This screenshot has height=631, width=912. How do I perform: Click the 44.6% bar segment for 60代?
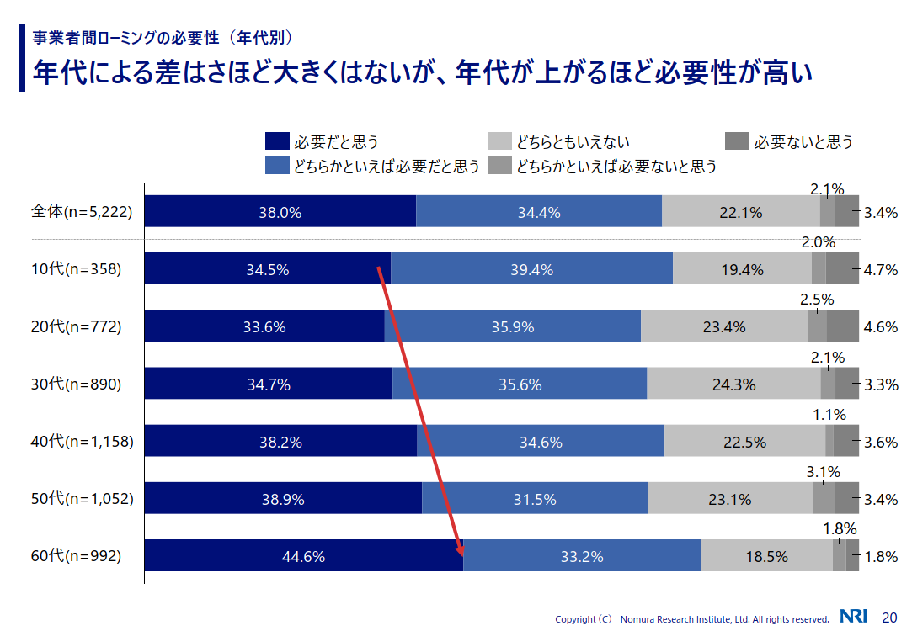coord(304,556)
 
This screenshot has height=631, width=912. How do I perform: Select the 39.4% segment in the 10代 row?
coord(531,269)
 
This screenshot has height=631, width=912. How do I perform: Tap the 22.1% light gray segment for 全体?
coord(741,212)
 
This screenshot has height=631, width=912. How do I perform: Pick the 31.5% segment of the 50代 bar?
coord(535,499)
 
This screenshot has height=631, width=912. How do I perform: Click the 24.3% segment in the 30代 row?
coord(733,384)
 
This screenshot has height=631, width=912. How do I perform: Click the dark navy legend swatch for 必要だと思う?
coord(277,142)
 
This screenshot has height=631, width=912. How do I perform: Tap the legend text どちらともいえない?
coord(573,142)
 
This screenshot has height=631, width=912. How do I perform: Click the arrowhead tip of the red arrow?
coord(461,554)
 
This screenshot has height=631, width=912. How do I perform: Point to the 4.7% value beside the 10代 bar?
coord(881,270)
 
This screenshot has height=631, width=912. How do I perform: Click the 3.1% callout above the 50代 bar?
coord(823,471)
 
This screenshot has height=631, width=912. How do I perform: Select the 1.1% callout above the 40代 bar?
coord(829,414)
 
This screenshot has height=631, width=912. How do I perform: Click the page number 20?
coord(889,617)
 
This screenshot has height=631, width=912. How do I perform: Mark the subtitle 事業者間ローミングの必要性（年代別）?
coord(163,38)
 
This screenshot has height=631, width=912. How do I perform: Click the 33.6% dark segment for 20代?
coord(264,326)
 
